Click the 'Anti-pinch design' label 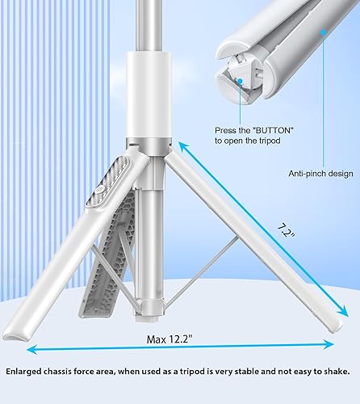320,173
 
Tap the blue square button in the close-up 240,81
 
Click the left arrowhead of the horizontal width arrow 30,349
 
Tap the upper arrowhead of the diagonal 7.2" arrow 182,145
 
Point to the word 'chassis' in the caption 69,372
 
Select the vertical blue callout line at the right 324,97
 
